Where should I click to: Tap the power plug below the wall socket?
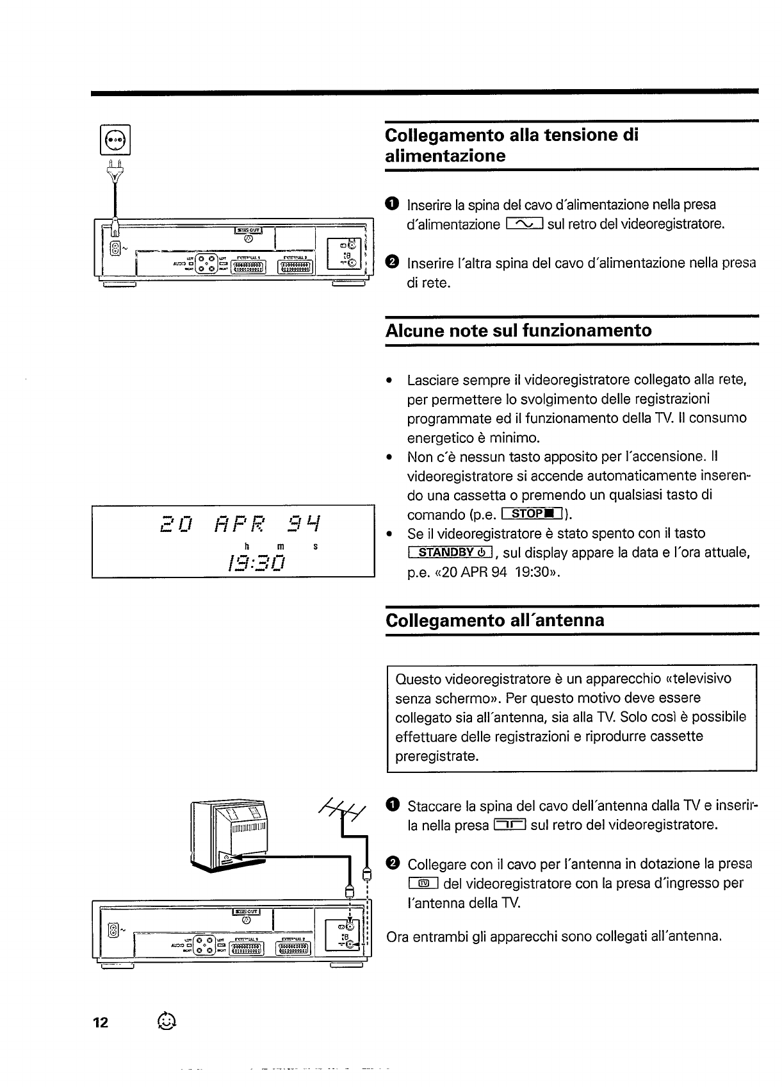(x=115, y=171)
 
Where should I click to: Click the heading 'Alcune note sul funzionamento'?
(x=519, y=331)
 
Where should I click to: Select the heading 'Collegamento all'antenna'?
(x=495, y=620)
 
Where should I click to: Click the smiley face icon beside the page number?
(x=166, y=1020)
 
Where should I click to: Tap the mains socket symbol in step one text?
(x=525, y=224)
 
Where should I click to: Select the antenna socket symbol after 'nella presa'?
(x=510, y=825)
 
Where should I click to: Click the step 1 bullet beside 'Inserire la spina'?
(x=393, y=204)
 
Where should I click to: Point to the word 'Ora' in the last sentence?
(x=398, y=937)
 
